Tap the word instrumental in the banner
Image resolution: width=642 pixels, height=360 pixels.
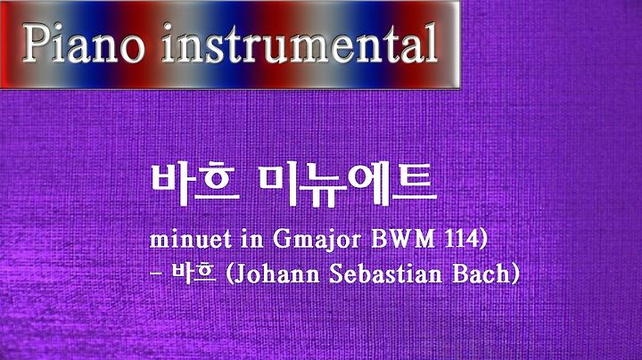[300, 44]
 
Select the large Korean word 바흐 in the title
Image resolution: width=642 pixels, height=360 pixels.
[195, 184]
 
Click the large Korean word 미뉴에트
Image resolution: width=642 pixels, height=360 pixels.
[348, 184]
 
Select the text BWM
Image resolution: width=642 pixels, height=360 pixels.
[403, 239]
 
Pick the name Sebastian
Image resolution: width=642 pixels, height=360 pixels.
[386, 274]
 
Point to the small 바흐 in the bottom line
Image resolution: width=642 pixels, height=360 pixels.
[194, 274]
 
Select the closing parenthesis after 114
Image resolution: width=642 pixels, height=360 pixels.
[482, 240]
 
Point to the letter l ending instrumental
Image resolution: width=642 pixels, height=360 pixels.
[432, 44]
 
